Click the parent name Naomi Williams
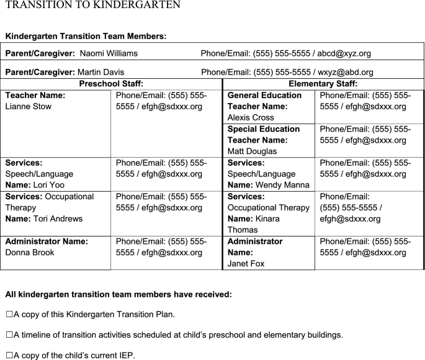[109, 54]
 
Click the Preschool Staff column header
[111, 84]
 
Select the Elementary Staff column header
[323, 84]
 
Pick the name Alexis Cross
[251, 117]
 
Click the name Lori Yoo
[48, 185]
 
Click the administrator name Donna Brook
[30, 253]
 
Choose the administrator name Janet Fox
[246, 264]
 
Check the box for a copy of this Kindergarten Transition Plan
[9, 314]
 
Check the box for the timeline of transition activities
[9, 335]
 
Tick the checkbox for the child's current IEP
[9, 356]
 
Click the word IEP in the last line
[124, 356]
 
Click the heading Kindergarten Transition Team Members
[85, 37]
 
